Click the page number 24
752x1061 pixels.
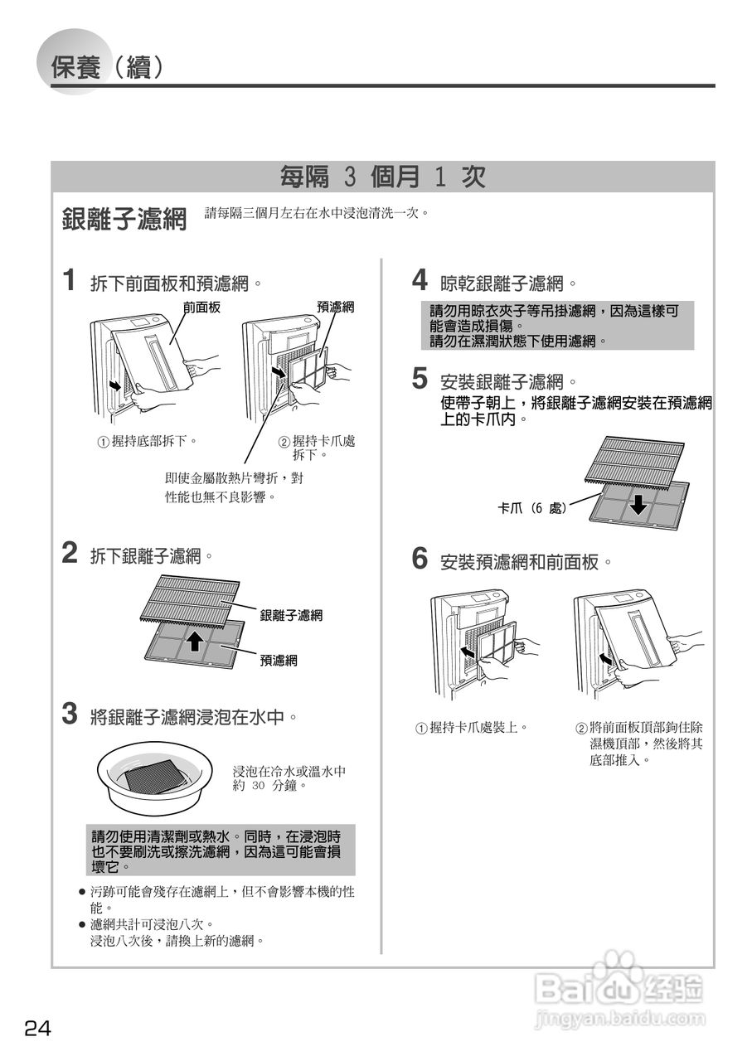click(37, 1029)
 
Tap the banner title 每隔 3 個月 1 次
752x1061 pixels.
click(382, 177)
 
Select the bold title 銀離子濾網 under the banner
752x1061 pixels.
click(124, 219)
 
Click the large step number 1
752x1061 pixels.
click(72, 279)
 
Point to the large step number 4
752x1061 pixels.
click(420, 279)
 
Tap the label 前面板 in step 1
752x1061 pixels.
click(201, 308)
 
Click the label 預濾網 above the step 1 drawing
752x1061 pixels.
click(336, 308)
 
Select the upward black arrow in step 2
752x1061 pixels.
click(193, 641)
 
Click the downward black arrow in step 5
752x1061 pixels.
click(637, 503)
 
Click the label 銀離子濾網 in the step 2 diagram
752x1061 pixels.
click(290, 615)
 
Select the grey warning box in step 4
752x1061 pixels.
click(557, 326)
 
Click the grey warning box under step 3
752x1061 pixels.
click(221, 850)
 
